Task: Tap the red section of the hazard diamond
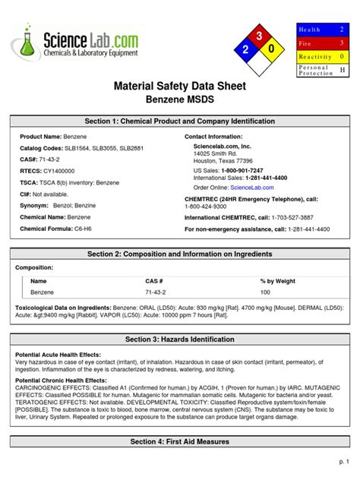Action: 260,36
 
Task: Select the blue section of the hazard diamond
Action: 245,50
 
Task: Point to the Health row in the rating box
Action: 324,29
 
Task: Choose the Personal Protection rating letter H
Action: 342,70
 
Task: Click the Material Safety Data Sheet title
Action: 179,86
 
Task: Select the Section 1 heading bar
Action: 179,122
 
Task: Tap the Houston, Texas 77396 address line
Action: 223,161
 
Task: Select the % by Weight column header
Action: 279,281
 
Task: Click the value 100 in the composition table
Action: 265,292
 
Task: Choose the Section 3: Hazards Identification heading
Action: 179,339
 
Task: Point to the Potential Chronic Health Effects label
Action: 62,379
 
